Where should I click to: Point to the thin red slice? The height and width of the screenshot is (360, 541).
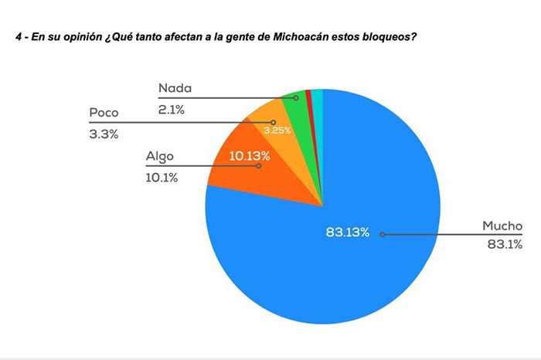pyautogui.click(x=309, y=97)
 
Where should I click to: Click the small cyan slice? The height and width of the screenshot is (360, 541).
pyautogui.click(x=318, y=96)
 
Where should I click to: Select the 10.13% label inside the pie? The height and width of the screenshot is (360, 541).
pyautogui.click(x=250, y=156)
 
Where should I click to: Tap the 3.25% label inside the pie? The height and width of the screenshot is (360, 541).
pyautogui.click(x=277, y=131)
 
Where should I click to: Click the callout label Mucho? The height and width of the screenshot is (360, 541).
pyautogui.click(x=502, y=226)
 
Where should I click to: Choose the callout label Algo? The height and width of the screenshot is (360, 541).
pyautogui.click(x=160, y=158)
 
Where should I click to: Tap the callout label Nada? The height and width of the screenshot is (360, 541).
pyautogui.click(x=175, y=89)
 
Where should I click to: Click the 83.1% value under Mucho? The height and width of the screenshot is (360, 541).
pyautogui.click(x=504, y=245)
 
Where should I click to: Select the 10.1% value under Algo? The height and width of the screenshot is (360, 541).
pyautogui.click(x=162, y=177)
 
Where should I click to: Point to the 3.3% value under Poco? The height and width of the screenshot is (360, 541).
pyautogui.click(x=104, y=134)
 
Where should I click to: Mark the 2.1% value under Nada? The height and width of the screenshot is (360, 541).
pyautogui.click(x=172, y=109)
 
